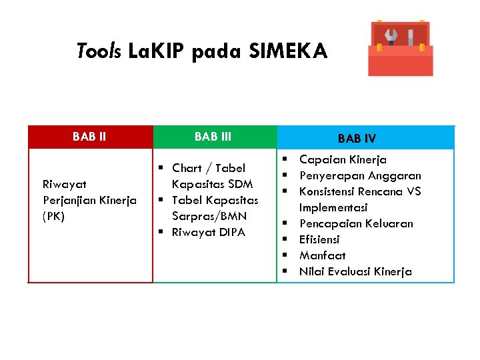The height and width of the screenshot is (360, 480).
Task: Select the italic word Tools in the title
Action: pyautogui.click(x=99, y=51)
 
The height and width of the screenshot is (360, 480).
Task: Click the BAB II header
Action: pyautogui.click(x=89, y=137)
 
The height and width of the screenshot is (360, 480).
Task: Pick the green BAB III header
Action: pyautogui.click(x=213, y=137)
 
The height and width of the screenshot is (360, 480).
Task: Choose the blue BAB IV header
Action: pyautogui.click(x=357, y=139)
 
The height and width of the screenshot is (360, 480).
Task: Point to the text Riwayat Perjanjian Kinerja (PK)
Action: pyautogui.click(x=89, y=200)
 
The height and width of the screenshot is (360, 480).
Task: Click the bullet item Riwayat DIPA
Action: pyautogui.click(x=208, y=232)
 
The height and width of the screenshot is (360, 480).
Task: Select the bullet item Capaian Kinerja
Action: pyautogui.click(x=343, y=159)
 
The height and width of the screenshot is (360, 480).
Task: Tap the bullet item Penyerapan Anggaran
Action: pyautogui.click(x=360, y=175)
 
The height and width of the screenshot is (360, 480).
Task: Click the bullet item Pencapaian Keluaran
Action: pyautogui.click(x=356, y=223)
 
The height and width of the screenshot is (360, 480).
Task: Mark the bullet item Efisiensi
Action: pyautogui.click(x=319, y=239)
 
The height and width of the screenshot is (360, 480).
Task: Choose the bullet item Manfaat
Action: pyautogui.click(x=322, y=255)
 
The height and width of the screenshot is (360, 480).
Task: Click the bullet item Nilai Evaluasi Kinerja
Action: pyautogui.click(x=355, y=271)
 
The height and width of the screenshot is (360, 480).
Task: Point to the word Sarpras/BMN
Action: pyautogui.click(x=209, y=216)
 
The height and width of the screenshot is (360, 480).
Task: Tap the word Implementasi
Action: pyautogui.click(x=333, y=207)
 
